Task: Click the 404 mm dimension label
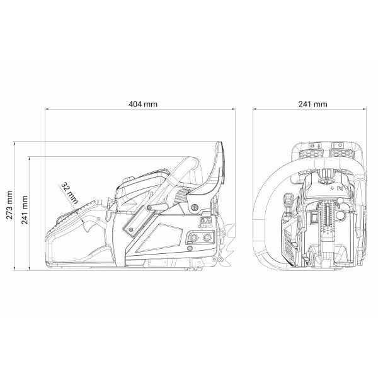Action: (x=143, y=104)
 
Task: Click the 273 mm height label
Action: (x=9, y=205)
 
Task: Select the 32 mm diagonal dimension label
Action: (x=69, y=193)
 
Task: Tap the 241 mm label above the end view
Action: (x=313, y=104)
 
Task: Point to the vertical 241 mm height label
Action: (x=25, y=210)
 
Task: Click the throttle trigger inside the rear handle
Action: (x=88, y=226)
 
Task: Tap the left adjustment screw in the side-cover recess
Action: (x=192, y=238)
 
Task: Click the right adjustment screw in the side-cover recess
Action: (x=207, y=238)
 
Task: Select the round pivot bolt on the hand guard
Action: (x=195, y=207)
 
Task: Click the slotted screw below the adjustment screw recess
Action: (x=190, y=248)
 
